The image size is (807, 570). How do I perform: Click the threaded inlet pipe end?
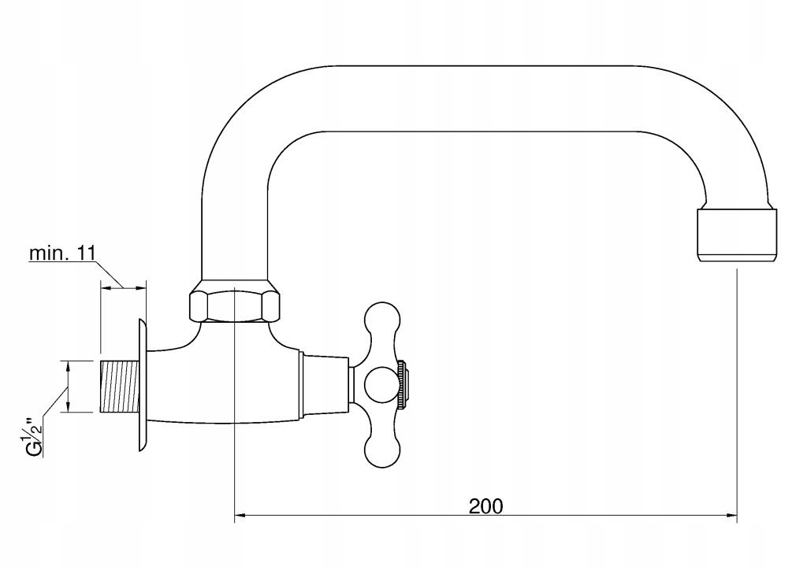click(119, 387)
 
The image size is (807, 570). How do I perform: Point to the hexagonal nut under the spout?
click(235, 305)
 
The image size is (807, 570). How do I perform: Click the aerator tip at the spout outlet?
click(737, 235)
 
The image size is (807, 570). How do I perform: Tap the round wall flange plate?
click(143, 386)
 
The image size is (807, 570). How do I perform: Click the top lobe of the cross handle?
click(381, 322)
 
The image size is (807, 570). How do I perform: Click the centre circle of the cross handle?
click(381, 384)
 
